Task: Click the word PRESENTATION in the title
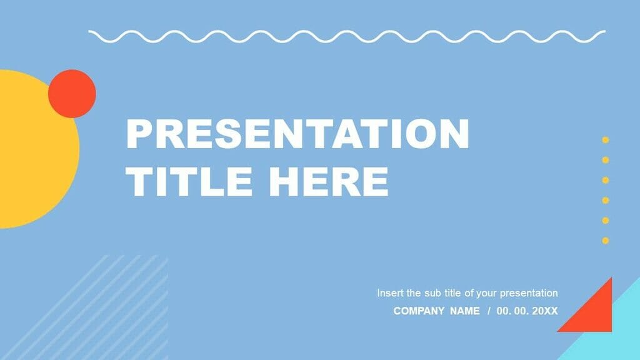click(x=297, y=134)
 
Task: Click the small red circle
click(x=72, y=94)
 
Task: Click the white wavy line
click(x=347, y=36)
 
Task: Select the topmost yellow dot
click(x=605, y=140)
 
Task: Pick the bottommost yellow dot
click(x=605, y=240)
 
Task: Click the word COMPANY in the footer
click(x=419, y=311)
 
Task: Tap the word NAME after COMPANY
click(x=464, y=311)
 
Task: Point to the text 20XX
click(x=544, y=311)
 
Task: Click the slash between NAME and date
click(x=489, y=311)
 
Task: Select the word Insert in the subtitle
click(x=390, y=292)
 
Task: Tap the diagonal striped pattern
click(x=106, y=306)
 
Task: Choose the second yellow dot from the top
click(x=605, y=160)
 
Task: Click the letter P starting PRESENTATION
click(x=137, y=134)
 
